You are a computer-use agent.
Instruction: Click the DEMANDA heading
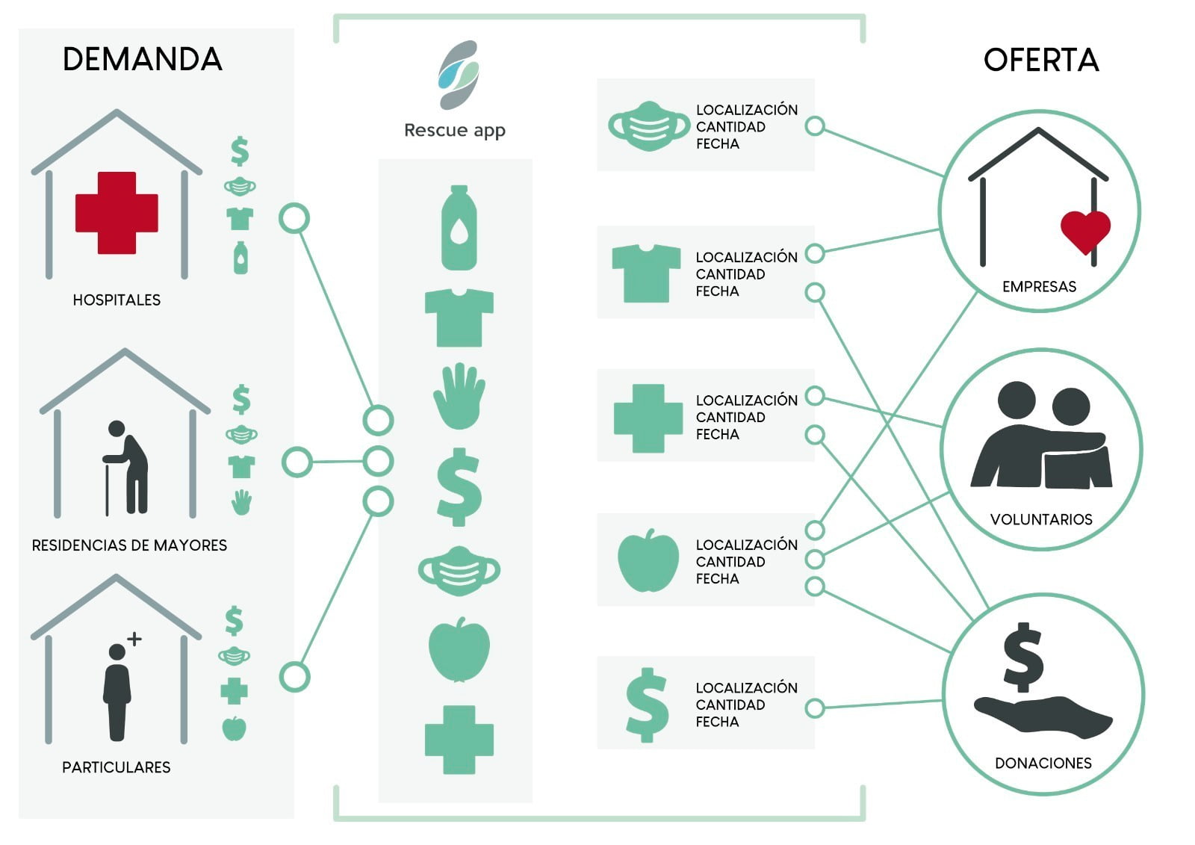(x=143, y=59)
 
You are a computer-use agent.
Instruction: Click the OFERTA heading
(x=1041, y=60)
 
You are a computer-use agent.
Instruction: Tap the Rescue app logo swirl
(x=459, y=75)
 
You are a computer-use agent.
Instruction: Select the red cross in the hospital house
(x=117, y=212)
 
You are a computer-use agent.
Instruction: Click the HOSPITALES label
(x=117, y=300)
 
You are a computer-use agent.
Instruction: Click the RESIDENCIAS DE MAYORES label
(x=130, y=545)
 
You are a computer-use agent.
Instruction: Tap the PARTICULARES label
(x=117, y=767)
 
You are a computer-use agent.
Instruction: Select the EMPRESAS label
(x=1039, y=287)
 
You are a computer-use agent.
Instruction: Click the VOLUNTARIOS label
(x=1041, y=519)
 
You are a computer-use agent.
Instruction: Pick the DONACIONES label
(x=1043, y=764)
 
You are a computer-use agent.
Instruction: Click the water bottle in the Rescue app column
(x=459, y=227)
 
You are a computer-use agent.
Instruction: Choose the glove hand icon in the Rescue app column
(x=459, y=396)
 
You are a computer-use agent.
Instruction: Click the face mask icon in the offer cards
(x=649, y=126)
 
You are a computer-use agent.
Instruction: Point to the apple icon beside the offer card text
(x=648, y=560)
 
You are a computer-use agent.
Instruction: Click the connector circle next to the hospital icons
(x=294, y=218)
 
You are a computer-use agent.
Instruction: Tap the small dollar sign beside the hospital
(x=240, y=151)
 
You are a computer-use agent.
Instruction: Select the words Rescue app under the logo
(x=455, y=130)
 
